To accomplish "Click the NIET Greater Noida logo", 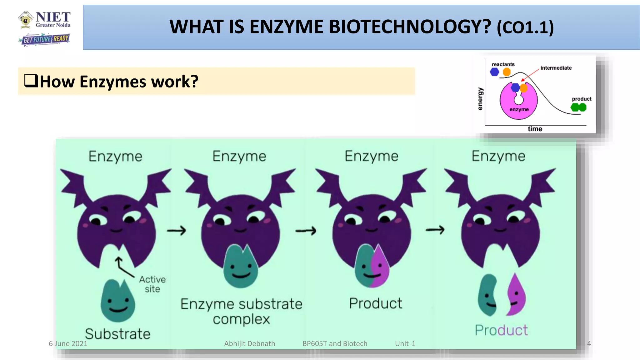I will click(x=44, y=20).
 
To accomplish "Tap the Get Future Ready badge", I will click(x=44, y=39).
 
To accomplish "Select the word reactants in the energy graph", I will click(x=503, y=64).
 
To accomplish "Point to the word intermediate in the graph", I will click(x=556, y=68).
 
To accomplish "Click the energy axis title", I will click(x=480, y=99).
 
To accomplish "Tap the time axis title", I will click(x=535, y=129).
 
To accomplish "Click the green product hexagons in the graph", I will click(x=578, y=107).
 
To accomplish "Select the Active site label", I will click(x=152, y=284).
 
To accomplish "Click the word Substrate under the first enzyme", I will click(x=118, y=334).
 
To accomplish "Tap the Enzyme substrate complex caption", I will click(x=241, y=311).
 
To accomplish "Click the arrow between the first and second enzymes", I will click(x=177, y=231).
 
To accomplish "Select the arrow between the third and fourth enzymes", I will click(x=435, y=230).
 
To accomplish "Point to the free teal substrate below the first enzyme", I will click(x=118, y=301).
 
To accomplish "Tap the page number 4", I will click(x=589, y=344).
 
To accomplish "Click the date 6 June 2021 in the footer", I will click(x=68, y=344).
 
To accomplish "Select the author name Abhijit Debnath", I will click(x=250, y=344).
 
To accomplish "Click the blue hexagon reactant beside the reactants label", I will click(x=494, y=72).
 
